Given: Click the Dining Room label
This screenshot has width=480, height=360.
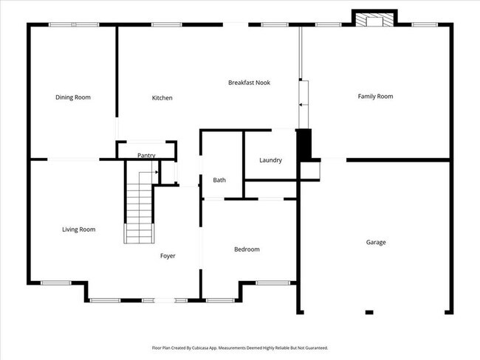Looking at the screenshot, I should pos(73,97).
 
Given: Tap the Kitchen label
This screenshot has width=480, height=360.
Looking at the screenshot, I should pos(162,98).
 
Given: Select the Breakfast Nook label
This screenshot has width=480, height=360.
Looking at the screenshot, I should pos(249,83).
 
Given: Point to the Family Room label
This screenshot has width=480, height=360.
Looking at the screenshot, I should pos(375,96).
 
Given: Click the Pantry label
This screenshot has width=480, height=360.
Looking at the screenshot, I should pos(146,156).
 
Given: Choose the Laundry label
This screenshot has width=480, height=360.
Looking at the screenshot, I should pos(270,160).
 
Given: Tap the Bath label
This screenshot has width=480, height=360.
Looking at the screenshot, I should pos(219,180).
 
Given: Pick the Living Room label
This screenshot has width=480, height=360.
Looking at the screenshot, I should pos(78,229).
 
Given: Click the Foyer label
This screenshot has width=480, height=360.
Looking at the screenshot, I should pos(168,256).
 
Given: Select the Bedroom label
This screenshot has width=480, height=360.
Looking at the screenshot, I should pos(247,249).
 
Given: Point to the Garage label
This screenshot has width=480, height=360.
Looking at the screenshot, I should pos(376,242).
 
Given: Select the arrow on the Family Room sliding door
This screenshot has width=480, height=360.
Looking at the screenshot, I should pos(301,105).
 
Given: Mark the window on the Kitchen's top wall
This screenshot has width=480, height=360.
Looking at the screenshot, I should pos(162,25).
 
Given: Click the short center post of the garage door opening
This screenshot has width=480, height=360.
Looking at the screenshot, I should pos(369,312).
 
